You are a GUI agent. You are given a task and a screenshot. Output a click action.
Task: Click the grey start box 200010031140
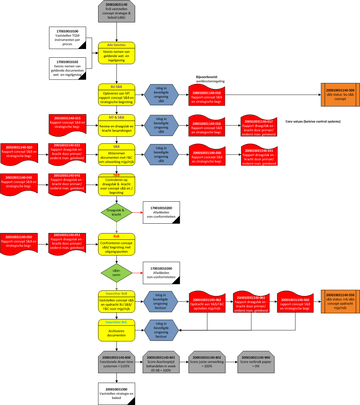[x=116, y=11]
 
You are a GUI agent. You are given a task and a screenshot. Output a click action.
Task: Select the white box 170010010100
[x=67, y=38]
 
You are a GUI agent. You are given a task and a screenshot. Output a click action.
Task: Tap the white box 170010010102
[x=67, y=68]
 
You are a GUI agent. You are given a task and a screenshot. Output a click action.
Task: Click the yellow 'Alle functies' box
[x=116, y=53]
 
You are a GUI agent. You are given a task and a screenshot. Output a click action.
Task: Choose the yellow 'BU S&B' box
[x=116, y=95]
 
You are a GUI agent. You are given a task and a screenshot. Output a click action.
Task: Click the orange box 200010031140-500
[x=340, y=95]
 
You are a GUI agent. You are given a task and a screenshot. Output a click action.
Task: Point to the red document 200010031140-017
[x=259, y=126]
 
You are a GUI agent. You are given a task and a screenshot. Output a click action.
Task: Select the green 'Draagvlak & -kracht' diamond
[x=116, y=212]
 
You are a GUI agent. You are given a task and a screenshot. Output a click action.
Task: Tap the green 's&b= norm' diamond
[x=116, y=273]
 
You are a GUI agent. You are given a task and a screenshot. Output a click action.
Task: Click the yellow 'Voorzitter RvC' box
[x=116, y=330]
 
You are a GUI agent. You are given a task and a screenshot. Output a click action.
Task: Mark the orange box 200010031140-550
[x=340, y=301]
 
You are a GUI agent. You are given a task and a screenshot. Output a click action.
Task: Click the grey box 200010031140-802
[x=207, y=362]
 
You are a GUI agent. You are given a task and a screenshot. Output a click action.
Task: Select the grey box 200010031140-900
[x=256, y=362]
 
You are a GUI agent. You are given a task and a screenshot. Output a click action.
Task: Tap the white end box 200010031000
[x=116, y=394]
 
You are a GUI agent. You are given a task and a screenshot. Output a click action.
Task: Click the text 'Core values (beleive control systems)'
[x=313, y=122]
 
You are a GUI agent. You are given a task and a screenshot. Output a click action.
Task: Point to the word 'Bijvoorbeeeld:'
[x=207, y=77]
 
